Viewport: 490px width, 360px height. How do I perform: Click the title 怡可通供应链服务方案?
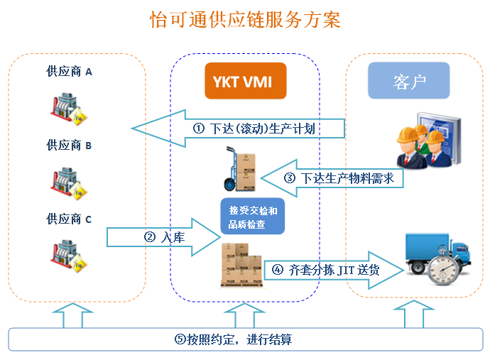(x=245, y=19)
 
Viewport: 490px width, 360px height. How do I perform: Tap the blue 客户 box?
(x=408, y=81)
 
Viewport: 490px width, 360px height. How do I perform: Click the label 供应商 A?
(x=69, y=72)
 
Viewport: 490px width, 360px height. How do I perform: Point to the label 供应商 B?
(x=69, y=146)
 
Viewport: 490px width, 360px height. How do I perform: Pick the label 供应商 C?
(x=69, y=219)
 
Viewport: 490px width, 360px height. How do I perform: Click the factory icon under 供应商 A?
(x=69, y=108)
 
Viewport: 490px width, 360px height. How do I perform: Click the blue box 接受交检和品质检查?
(x=252, y=217)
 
